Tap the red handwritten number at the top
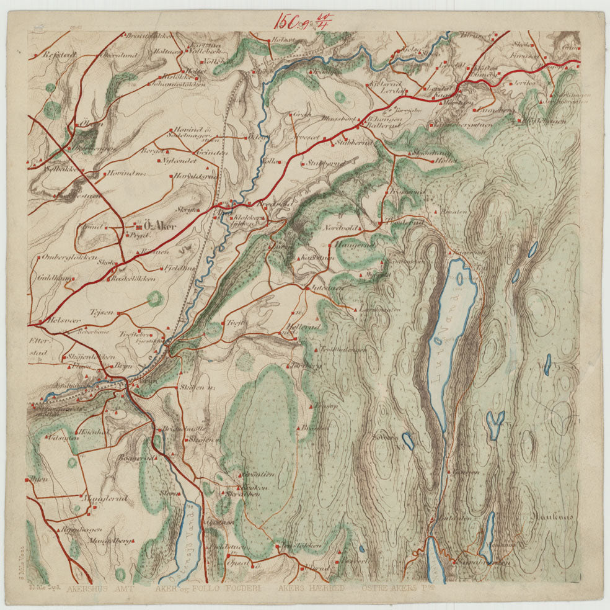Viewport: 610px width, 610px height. click(x=305, y=19)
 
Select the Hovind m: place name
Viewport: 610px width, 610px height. click(x=127, y=174)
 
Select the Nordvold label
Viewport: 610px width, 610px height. click(x=338, y=228)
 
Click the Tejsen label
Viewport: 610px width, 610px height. click(x=102, y=312)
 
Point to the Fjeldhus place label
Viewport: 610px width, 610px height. click(x=177, y=269)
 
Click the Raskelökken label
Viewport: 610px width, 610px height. click(x=132, y=279)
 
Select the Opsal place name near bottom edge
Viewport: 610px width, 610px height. click(x=237, y=563)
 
